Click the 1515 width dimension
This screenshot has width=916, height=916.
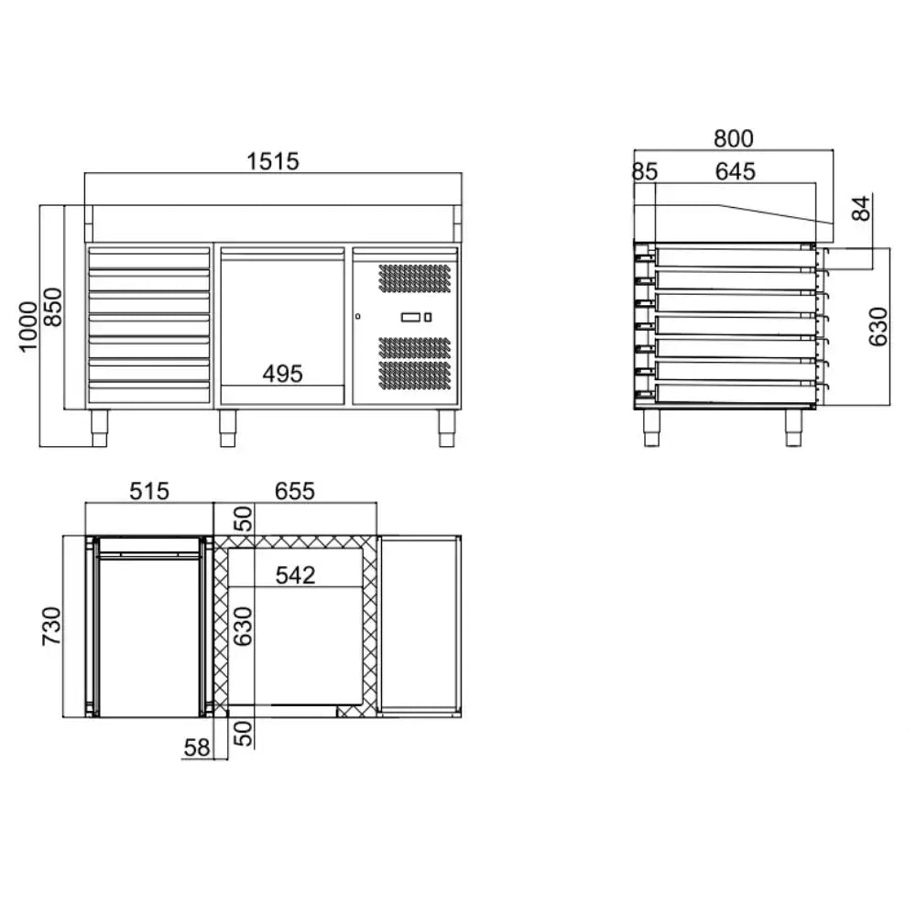coord(273,161)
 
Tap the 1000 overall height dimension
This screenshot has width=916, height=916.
coord(28,327)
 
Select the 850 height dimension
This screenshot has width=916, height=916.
coord(52,307)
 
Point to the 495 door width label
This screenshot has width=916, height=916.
coord(283,374)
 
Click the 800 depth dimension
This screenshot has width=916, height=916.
coord(734,138)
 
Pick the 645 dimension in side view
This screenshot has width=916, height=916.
coord(736,171)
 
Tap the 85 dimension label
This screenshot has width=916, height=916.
coord(645,172)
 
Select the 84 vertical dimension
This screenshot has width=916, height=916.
coord(861,209)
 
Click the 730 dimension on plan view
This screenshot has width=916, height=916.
coord(51,627)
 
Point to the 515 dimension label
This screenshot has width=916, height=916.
coord(149,491)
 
